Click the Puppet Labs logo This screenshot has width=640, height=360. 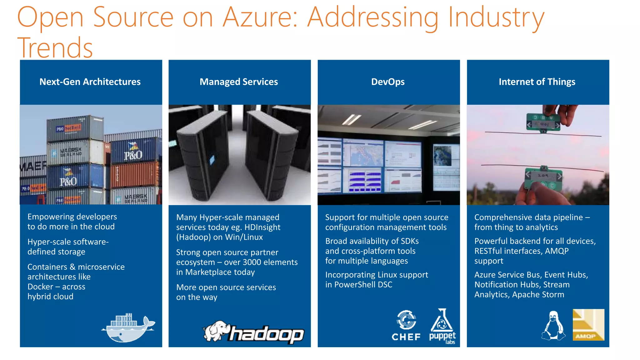click(442, 326)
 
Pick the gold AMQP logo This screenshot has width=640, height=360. click(588, 325)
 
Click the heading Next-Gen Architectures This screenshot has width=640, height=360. click(90, 82)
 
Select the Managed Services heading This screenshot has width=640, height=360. click(239, 82)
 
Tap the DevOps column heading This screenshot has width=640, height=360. click(388, 82)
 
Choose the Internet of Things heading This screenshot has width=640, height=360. click(537, 82)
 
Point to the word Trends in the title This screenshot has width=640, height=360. click(55, 47)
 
